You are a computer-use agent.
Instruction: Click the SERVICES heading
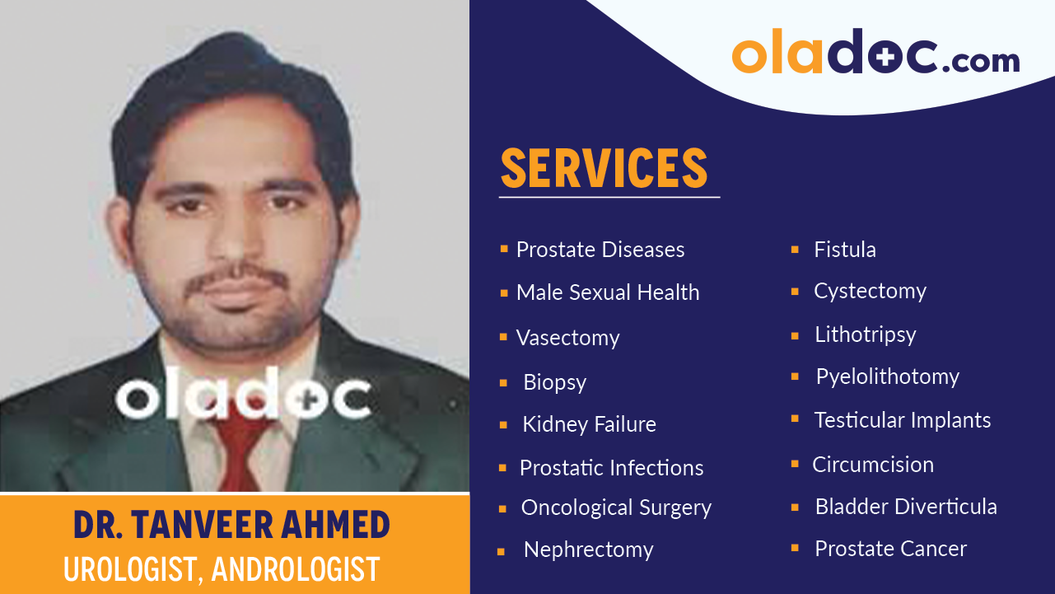click(x=604, y=168)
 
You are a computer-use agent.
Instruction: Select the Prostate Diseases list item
click(x=600, y=250)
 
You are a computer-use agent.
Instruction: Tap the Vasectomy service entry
click(x=567, y=338)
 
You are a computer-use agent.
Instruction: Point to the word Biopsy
click(x=554, y=382)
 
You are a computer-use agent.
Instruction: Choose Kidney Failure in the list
click(x=589, y=425)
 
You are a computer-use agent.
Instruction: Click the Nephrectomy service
click(x=588, y=550)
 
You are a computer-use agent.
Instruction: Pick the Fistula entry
click(x=844, y=250)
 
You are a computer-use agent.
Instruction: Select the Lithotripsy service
click(x=865, y=334)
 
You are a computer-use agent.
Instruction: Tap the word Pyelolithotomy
click(x=887, y=377)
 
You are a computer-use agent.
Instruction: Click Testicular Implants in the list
click(x=902, y=420)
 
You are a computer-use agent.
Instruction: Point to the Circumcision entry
click(x=872, y=465)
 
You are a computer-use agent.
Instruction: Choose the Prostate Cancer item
click(x=890, y=549)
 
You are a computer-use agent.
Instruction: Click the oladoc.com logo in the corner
click(x=875, y=54)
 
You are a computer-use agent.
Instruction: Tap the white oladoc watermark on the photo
click(x=242, y=400)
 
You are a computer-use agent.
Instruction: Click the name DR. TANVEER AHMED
click(x=231, y=525)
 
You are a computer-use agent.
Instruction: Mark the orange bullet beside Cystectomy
click(x=795, y=291)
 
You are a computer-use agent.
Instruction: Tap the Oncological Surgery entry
click(x=615, y=508)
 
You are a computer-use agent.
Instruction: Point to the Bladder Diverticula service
click(x=905, y=507)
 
